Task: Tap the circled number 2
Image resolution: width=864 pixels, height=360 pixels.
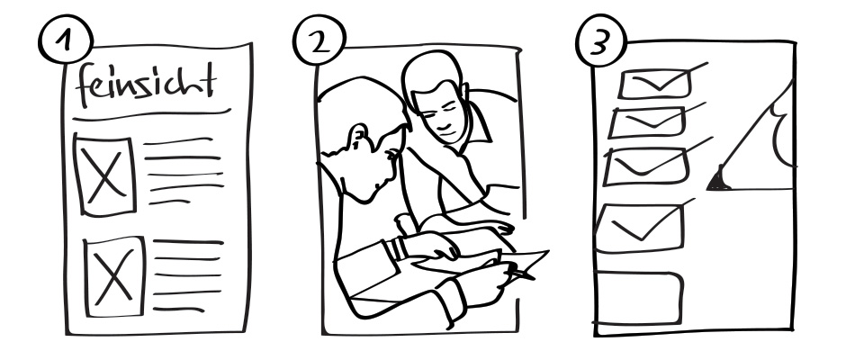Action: coord(319,40)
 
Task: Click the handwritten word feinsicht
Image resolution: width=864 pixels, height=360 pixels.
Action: coord(146,85)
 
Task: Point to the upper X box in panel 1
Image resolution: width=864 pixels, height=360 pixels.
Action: coord(104,175)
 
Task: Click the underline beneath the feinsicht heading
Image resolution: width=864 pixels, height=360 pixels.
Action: coord(151,114)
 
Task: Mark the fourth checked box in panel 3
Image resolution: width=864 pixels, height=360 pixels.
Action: coord(640,228)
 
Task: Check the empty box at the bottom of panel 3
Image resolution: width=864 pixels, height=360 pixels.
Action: coord(639,298)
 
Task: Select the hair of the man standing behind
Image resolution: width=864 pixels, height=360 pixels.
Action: coord(431,70)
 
